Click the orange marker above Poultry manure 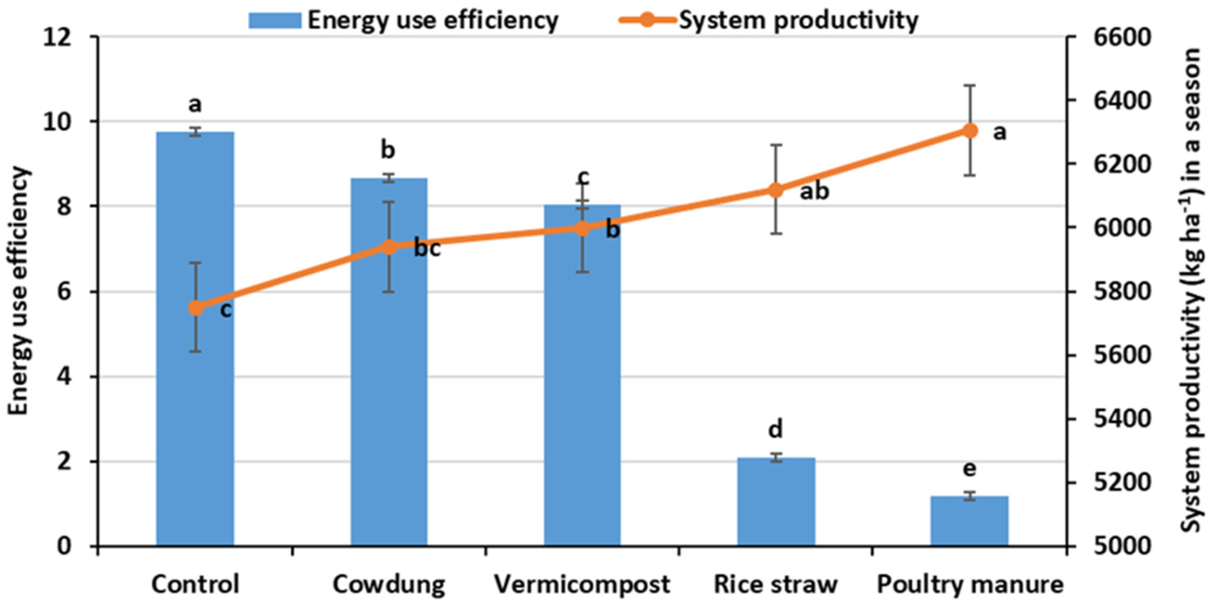click(969, 130)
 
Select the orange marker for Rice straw click(776, 190)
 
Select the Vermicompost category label click(582, 584)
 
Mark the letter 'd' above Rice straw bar click(775, 429)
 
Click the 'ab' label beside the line click(814, 191)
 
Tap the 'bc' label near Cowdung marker click(427, 249)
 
